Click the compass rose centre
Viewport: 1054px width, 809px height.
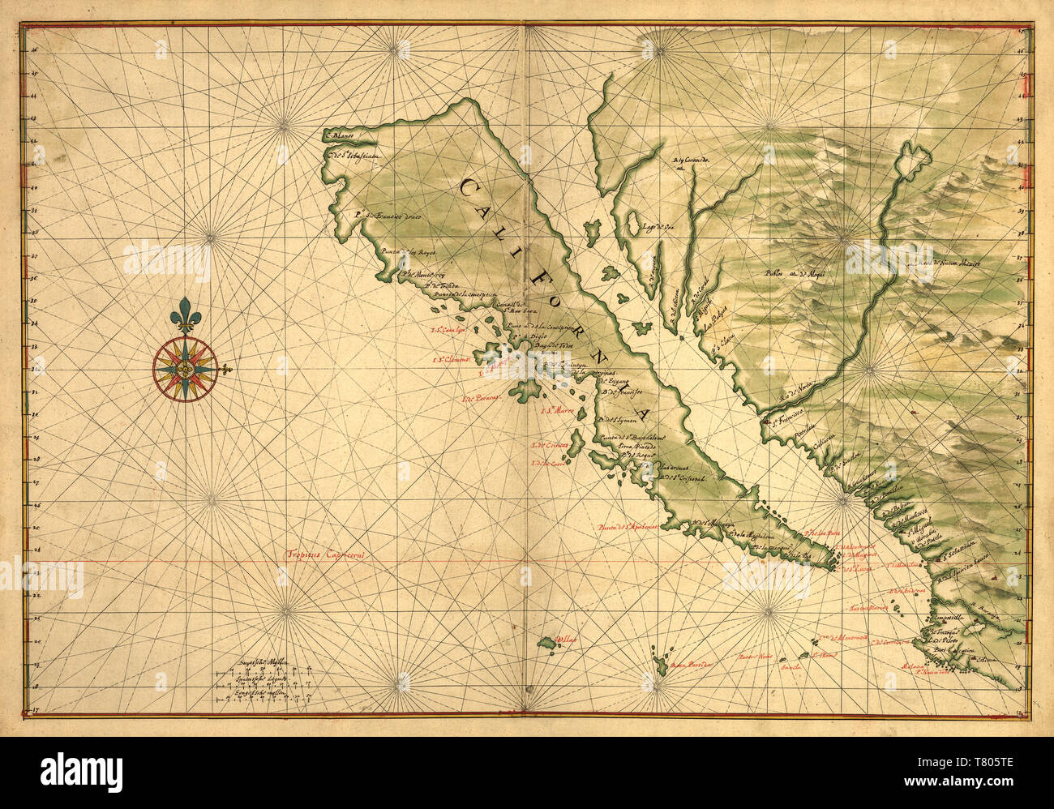185,369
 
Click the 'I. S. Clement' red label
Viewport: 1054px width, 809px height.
451,360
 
